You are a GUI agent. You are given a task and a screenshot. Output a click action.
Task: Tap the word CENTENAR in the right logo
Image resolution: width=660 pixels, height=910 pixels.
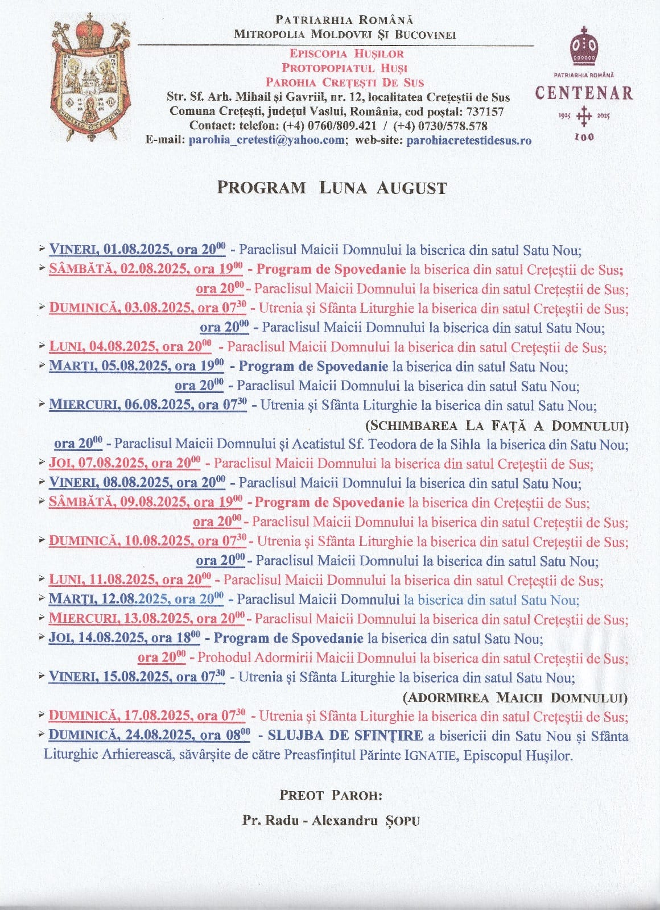pos(584,93)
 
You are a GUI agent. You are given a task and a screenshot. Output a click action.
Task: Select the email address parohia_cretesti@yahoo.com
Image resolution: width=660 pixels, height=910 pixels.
pos(267,140)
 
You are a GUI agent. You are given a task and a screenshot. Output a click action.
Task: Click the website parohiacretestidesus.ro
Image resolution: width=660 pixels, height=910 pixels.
pos(469,140)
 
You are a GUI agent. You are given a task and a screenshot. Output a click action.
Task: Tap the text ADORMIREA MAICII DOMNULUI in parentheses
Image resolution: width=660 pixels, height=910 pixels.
pos(515,697)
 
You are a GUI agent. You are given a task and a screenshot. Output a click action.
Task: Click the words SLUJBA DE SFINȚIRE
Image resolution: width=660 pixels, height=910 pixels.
pos(345,735)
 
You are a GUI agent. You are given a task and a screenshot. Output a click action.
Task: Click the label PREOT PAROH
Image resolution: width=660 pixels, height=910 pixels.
pos(331,795)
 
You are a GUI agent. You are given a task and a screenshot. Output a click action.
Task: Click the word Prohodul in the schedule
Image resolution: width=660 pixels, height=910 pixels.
pos(224,658)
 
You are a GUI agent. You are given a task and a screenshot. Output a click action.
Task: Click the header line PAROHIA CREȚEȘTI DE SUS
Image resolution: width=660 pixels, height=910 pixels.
pos(345,82)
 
